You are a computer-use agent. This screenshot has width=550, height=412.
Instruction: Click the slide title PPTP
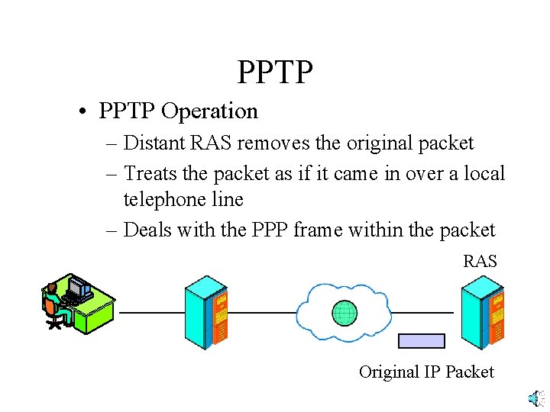pos(275,72)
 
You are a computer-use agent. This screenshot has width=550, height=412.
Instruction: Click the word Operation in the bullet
pos(209,111)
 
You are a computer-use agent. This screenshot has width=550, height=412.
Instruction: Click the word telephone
pos(163,200)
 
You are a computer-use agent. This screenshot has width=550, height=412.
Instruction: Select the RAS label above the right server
pos(480,262)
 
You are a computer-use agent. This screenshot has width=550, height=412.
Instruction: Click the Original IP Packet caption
pos(426,372)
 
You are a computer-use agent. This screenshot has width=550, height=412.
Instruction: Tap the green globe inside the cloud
pos(345,313)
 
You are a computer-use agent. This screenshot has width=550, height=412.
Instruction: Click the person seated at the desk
pos(53,305)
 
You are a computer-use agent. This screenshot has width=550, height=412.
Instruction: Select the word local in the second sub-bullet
pos(482,174)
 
